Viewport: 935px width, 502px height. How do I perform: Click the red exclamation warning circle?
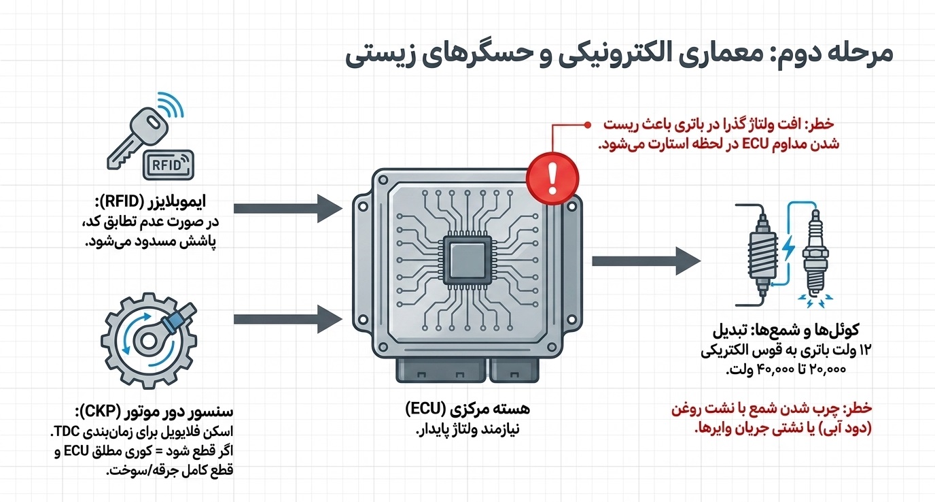552,178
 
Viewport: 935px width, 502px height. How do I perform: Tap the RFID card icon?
169,165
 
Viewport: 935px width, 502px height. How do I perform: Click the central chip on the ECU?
467,260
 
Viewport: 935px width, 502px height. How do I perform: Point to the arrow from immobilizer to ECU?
288,208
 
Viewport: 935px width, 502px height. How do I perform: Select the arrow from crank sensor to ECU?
288,319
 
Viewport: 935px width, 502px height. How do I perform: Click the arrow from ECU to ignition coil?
646,261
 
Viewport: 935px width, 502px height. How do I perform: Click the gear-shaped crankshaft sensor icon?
149,341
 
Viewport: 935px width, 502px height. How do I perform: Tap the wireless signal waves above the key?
171,105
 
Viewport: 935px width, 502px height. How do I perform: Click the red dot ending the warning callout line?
587,124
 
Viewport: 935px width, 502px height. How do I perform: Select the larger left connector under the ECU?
441,370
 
